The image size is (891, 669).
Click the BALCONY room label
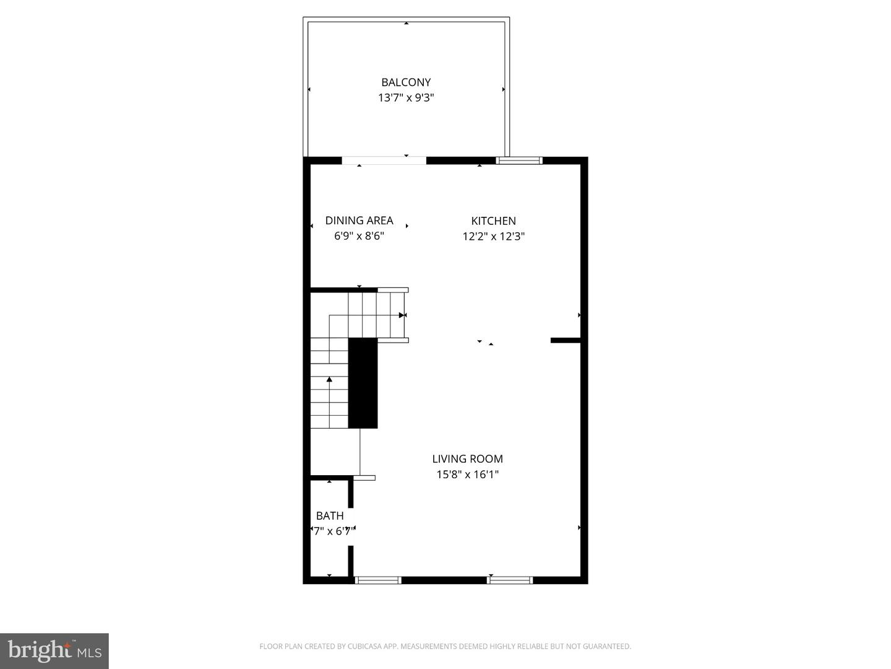[x=406, y=82]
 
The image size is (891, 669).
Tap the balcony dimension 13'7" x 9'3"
[x=406, y=98]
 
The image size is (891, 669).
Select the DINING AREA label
[x=359, y=221]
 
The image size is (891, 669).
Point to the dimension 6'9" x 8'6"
[x=359, y=236]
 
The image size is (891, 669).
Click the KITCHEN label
[x=493, y=221]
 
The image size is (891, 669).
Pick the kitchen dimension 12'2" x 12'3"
[x=493, y=236]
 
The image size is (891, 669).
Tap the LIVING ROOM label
[x=467, y=459]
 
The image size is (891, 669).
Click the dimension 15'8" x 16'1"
[x=467, y=474]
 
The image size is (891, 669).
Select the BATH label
[x=330, y=515]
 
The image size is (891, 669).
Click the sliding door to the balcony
[x=384, y=160]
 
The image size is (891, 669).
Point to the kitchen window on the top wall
[x=520, y=160]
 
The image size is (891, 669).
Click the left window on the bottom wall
[x=378, y=580]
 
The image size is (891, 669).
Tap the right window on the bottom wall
[x=510, y=580]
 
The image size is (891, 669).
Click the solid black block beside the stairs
[x=363, y=383]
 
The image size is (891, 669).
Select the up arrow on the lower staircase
[x=329, y=378]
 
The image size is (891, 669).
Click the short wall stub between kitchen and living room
[x=565, y=340]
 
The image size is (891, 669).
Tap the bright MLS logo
[x=54, y=650]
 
